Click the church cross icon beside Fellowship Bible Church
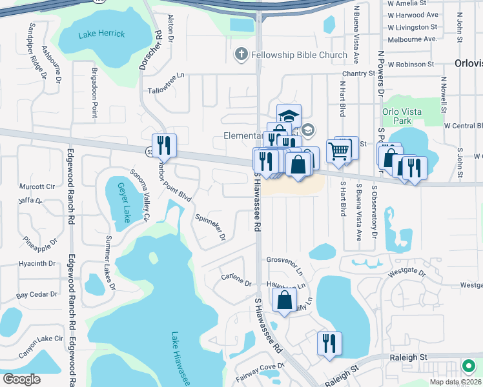[x=241, y=55]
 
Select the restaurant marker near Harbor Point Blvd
[x=164, y=145]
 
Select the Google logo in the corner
[x=21, y=379]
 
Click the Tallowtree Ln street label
[x=166, y=92]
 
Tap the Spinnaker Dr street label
[x=210, y=227]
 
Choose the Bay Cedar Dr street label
[x=37, y=294]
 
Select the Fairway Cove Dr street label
[x=262, y=366]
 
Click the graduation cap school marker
[x=289, y=115]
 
